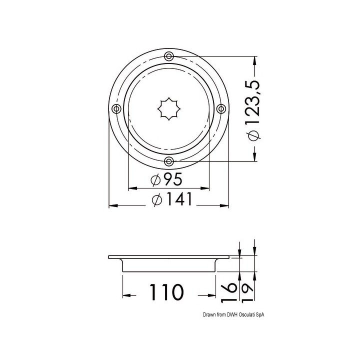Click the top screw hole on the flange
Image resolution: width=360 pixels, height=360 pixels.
point(169,56)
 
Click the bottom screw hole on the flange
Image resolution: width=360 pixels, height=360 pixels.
point(169,161)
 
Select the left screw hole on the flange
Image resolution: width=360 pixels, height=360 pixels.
point(116,108)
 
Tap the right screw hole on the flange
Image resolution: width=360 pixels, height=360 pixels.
point(221,108)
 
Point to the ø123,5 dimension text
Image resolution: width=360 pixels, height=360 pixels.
point(253,110)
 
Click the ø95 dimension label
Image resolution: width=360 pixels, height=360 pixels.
point(166,179)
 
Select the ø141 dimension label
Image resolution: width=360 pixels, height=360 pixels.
point(171,199)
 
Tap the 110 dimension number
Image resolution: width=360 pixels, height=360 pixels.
point(166,292)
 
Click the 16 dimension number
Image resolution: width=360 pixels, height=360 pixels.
point(229,292)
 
